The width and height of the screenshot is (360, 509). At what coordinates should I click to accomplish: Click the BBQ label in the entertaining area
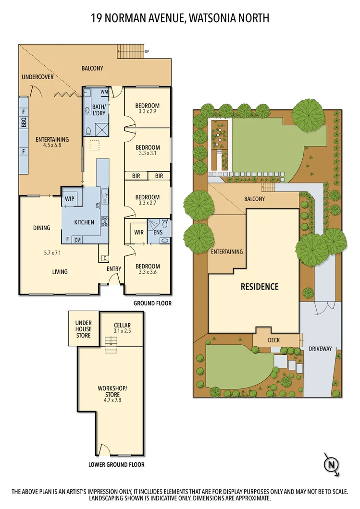pyautogui.click(x=23, y=123)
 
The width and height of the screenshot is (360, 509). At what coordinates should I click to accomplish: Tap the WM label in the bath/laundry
pyautogui.click(x=104, y=92)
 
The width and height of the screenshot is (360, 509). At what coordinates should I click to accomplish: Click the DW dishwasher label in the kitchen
pyautogui.click(x=98, y=205)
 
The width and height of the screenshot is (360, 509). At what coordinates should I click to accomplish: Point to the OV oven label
pyautogui.click(x=77, y=239)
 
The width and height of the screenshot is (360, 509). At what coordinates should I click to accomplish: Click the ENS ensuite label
pyautogui.click(x=158, y=232)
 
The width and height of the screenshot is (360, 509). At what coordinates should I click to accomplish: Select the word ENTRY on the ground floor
pyautogui.click(x=114, y=268)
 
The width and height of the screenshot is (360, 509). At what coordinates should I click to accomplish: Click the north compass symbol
pyautogui.click(x=331, y=464)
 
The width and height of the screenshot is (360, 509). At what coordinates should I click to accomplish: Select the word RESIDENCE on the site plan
pyautogui.click(x=260, y=287)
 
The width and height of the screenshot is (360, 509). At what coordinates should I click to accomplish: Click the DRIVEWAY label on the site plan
pyautogui.click(x=320, y=349)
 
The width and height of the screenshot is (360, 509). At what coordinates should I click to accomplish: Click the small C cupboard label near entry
pyautogui.click(x=104, y=258)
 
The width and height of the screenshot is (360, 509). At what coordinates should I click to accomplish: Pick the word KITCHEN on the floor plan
pyautogui.click(x=84, y=223)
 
